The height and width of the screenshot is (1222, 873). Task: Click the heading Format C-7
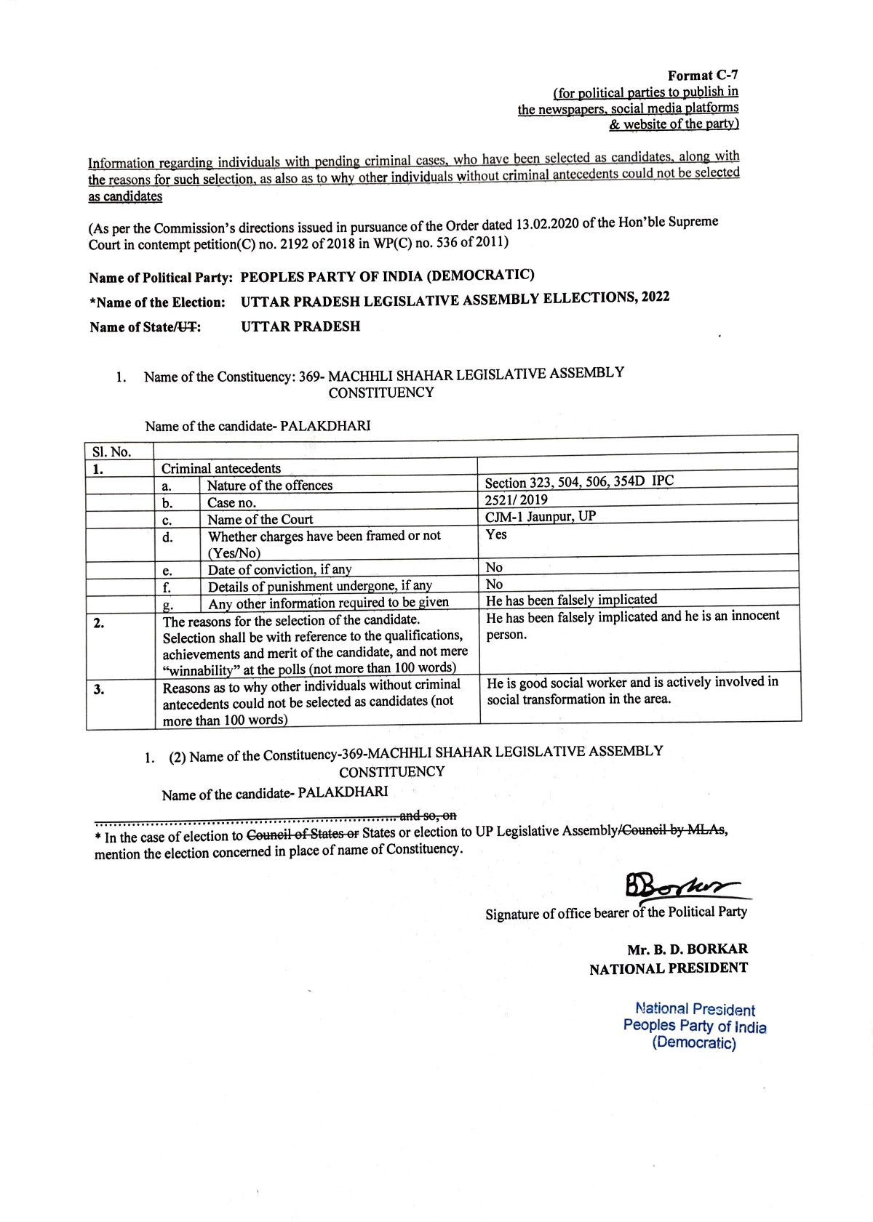pos(703,76)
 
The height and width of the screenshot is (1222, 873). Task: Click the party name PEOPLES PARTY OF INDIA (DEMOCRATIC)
pos(387,276)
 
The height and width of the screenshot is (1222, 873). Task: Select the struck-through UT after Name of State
pos(188,327)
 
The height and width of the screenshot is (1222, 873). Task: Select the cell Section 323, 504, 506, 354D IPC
pos(579,482)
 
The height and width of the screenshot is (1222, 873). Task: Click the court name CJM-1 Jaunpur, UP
pos(540,517)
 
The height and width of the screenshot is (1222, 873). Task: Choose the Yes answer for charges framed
pos(496,534)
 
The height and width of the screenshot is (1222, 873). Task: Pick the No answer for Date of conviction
pos(494,567)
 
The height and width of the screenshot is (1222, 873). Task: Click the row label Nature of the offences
pos(269,486)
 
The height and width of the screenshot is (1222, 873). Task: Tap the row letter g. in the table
pos(167,605)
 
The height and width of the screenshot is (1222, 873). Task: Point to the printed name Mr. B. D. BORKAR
pos(687,949)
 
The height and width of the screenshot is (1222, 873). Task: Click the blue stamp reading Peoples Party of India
pos(694,1026)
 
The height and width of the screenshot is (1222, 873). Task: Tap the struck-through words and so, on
pos(428,815)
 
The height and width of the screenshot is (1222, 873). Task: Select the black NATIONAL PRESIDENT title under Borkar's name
pos(668,968)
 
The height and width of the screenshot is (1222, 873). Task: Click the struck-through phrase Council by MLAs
pos(673,830)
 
